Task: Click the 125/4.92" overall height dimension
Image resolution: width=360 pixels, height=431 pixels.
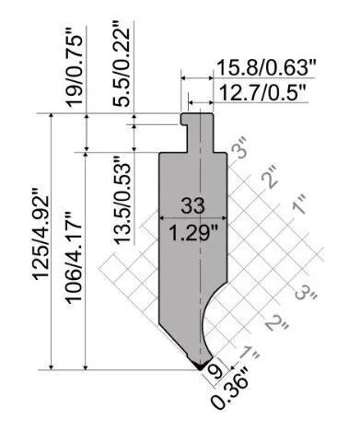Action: point(41,233)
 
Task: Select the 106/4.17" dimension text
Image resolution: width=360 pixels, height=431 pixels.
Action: point(74,257)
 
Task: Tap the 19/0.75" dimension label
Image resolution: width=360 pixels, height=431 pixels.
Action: point(75,71)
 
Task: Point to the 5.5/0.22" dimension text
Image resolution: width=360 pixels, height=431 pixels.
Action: point(121,64)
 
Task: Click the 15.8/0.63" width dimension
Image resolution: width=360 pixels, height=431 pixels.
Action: point(266,68)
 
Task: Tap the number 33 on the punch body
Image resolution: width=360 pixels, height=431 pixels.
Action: point(192,205)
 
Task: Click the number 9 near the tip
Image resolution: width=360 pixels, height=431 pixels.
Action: point(217,372)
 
